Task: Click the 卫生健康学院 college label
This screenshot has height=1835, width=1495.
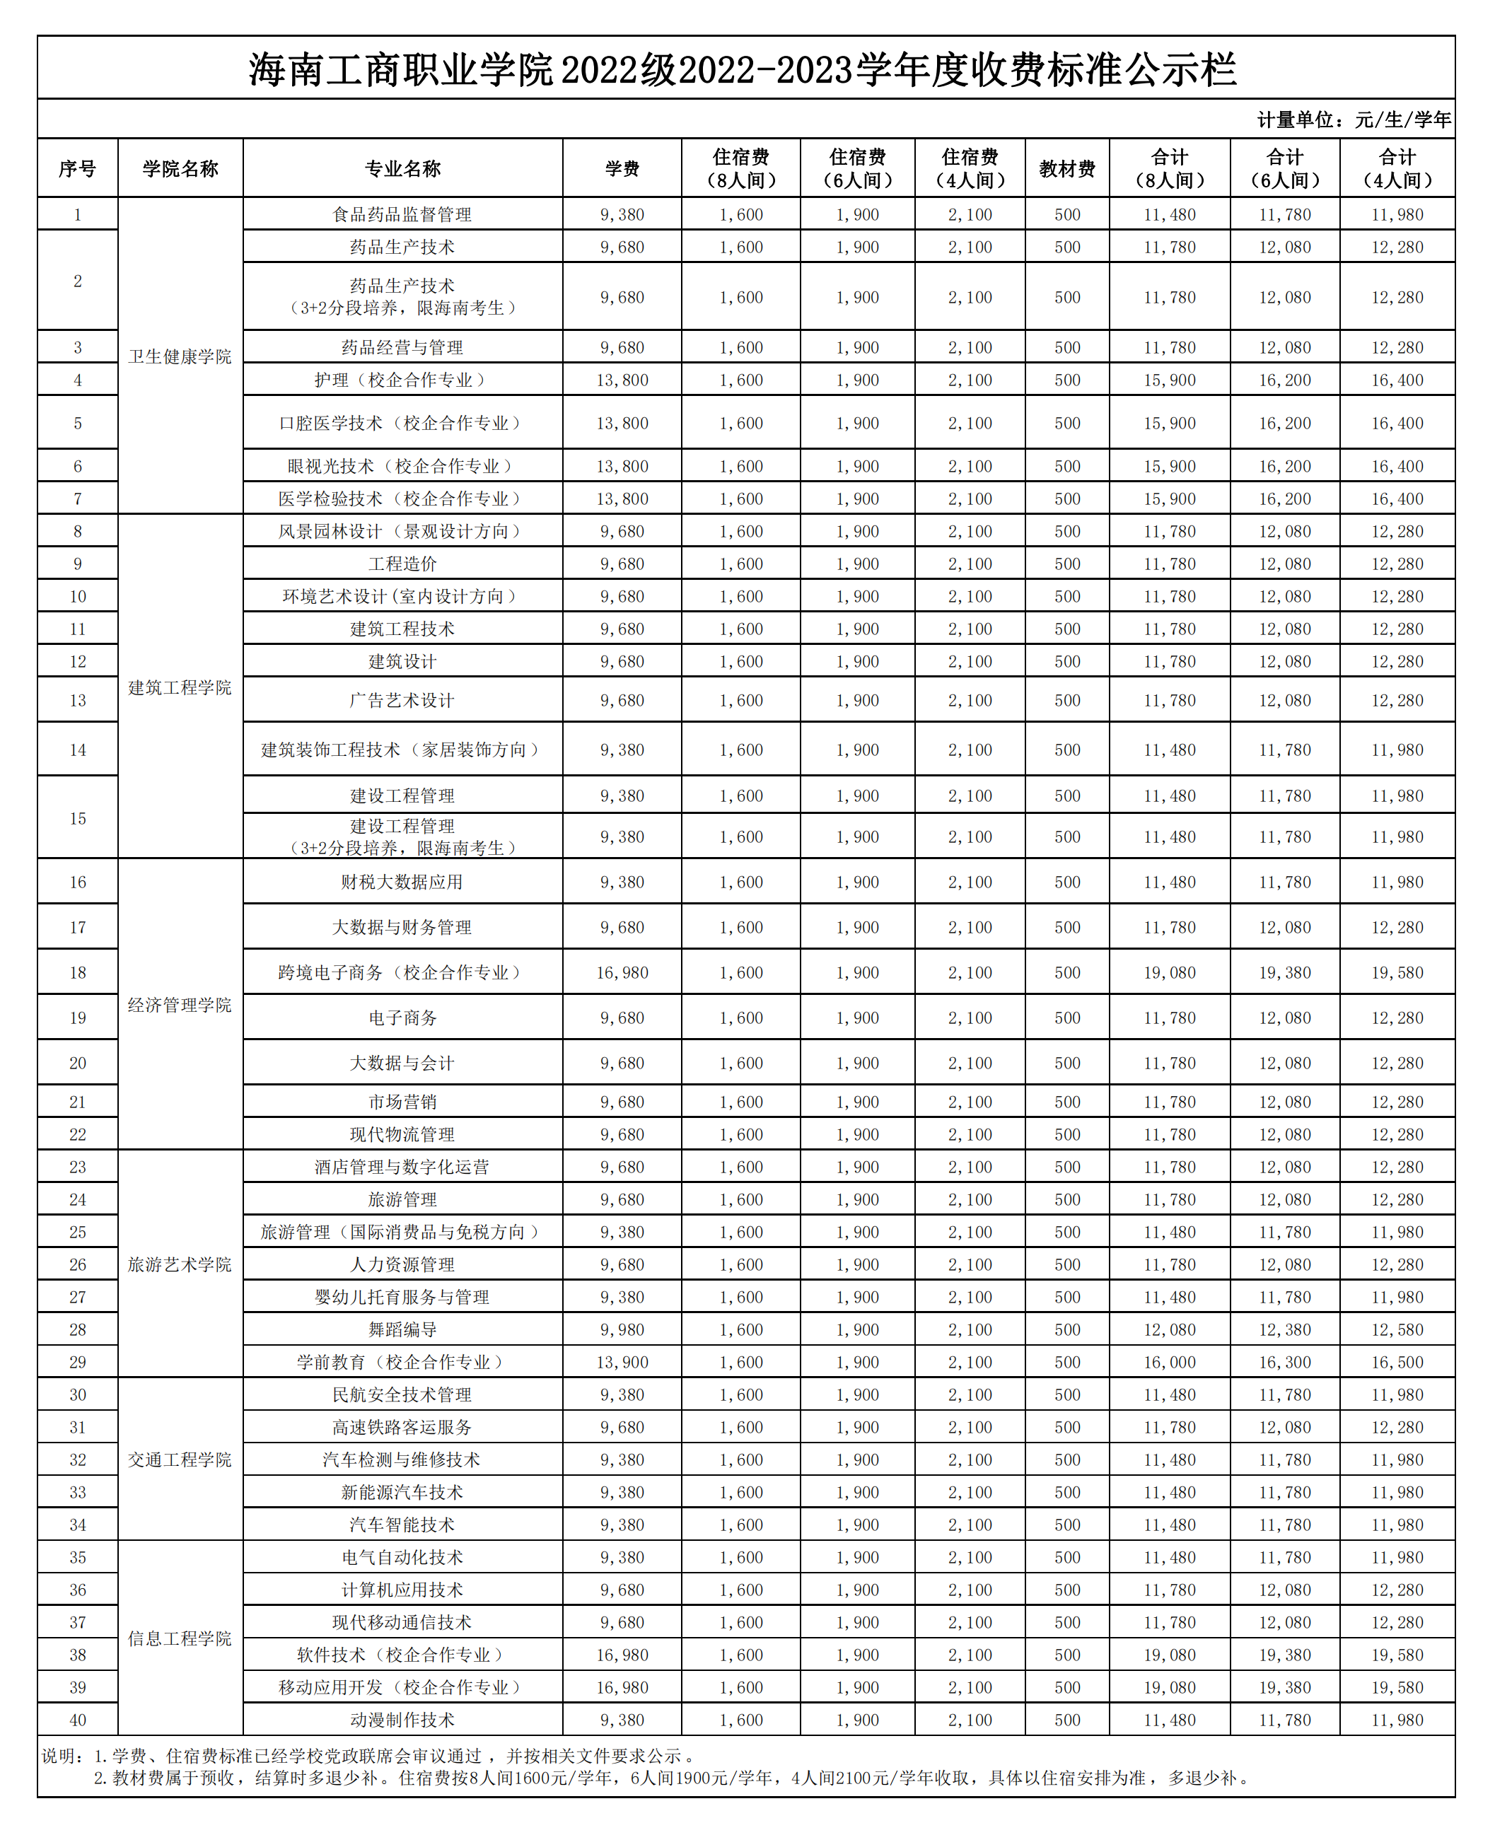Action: [x=180, y=356]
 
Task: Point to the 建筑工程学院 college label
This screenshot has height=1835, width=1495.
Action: [x=180, y=687]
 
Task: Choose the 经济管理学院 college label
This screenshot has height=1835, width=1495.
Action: [x=180, y=1005]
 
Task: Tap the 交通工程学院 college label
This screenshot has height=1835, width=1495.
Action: [x=180, y=1460]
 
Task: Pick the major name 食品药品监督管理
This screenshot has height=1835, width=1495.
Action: [x=402, y=214]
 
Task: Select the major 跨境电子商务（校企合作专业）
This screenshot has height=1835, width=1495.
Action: [x=402, y=972]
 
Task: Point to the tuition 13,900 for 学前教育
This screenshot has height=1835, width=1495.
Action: [x=622, y=1362]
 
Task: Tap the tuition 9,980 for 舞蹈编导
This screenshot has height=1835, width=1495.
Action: [x=622, y=1329]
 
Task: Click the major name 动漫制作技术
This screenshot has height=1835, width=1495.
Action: [x=402, y=1720]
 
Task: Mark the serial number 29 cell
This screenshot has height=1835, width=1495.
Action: [x=78, y=1362]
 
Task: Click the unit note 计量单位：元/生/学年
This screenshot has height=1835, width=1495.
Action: [x=1354, y=120]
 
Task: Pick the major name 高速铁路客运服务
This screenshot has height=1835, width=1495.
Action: [x=402, y=1427]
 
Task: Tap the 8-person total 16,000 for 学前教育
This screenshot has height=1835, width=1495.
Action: [x=1170, y=1362]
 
